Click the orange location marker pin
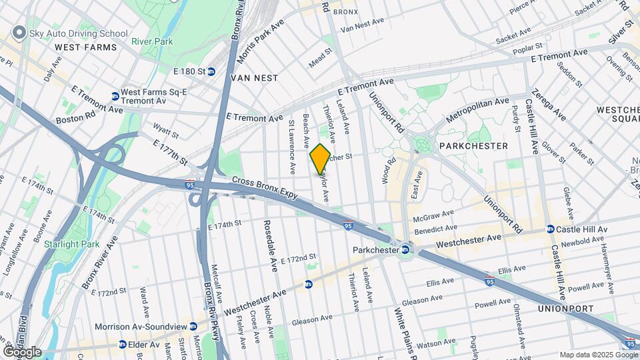[x=320, y=159]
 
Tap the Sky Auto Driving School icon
[x=19, y=33]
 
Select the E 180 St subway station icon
[x=211, y=71]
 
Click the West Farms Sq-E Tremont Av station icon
[x=115, y=96]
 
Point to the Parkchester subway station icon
[x=404, y=250]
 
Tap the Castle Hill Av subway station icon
[x=550, y=229]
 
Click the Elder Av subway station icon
[x=123, y=345]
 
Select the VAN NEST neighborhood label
[x=253, y=78]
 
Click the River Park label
[x=152, y=41]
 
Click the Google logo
[x=22, y=351]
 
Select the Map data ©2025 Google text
[x=597, y=355]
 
